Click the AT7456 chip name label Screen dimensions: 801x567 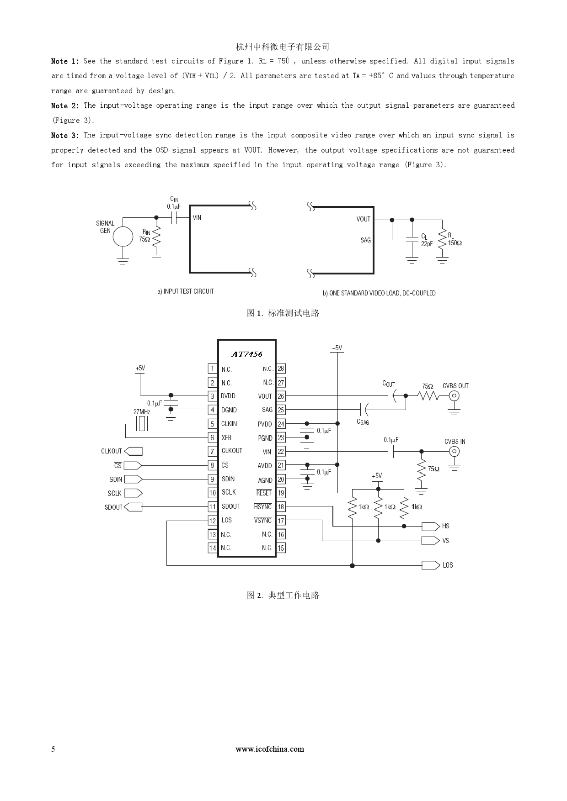247,354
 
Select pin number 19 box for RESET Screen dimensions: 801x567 281,493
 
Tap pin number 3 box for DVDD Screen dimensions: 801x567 212,396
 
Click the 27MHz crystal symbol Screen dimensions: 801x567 142,424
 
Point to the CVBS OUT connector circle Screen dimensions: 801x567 454,396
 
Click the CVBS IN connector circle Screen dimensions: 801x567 454,452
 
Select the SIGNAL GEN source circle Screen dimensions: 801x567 123,237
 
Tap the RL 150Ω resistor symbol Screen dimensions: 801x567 442,239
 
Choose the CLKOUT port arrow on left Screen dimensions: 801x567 133,451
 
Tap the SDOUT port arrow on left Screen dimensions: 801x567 133,507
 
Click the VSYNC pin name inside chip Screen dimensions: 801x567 263,521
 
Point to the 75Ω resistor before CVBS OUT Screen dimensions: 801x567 428,396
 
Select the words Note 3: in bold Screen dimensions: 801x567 65,135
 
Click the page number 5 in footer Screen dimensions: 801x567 53,749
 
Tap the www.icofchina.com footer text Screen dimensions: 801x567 270,749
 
